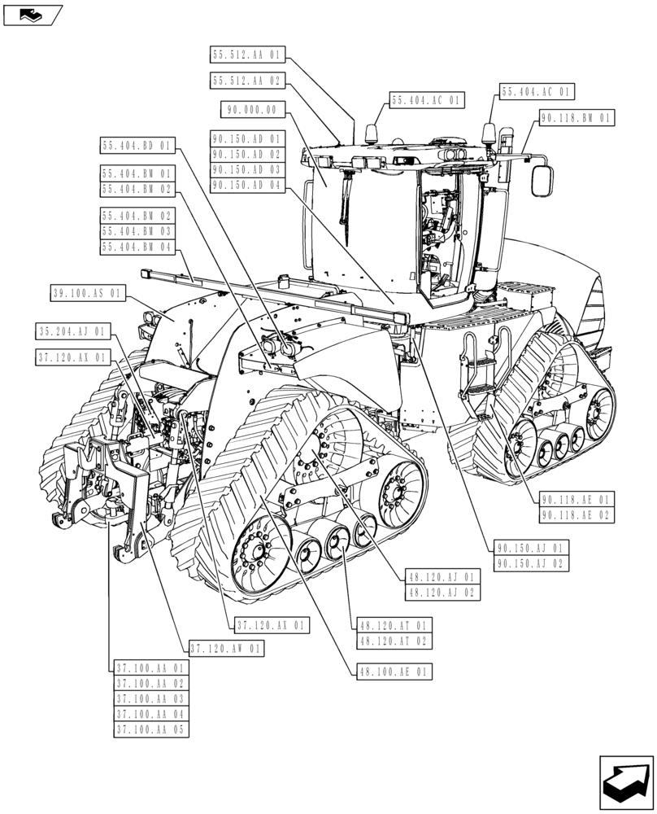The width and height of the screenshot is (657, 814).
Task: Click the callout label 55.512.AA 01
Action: click(247, 55)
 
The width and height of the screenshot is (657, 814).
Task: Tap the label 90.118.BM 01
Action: click(576, 118)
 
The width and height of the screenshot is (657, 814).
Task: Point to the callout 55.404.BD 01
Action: click(137, 147)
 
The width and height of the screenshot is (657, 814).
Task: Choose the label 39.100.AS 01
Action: click(88, 293)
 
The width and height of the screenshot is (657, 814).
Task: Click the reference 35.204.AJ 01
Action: click(72, 331)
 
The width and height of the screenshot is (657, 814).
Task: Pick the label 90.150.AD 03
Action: click(246, 170)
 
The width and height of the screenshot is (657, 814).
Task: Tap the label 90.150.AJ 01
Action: click(533, 547)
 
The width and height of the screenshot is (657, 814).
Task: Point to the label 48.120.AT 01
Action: click(393, 626)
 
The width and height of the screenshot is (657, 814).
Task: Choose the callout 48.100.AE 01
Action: click(393, 672)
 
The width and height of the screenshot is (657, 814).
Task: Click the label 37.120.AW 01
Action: click(226, 649)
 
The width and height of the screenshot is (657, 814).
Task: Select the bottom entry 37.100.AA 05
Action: click(150, 729)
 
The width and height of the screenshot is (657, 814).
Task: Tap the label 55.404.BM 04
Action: click(137, 247)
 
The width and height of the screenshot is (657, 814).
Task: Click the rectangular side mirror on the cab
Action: click(542, 180)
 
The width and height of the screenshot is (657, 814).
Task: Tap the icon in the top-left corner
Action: click(33, 14)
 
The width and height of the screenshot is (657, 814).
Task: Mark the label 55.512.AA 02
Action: click(247, 81)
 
